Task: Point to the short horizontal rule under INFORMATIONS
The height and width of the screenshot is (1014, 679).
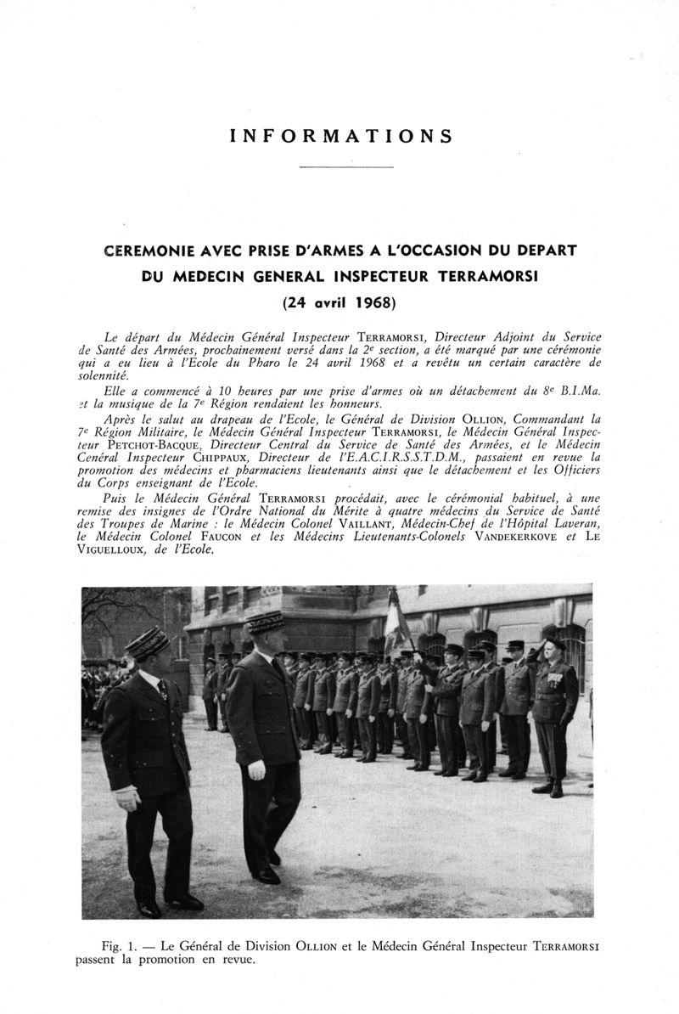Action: coord(347,166)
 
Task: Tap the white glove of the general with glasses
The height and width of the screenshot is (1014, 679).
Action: coord(256,769)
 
